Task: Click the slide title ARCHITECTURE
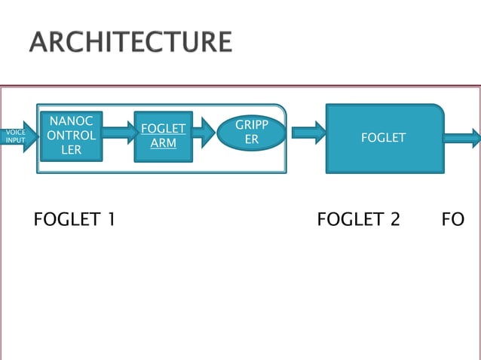tap(130, 41)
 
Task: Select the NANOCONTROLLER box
tap(72, 136)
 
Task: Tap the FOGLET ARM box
tap(164, 136)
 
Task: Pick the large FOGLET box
tap(384, 138)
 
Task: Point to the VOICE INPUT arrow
tap(17, 136)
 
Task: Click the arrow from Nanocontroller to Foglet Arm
tap(118, 133)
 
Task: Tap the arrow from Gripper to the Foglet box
tap(308, 133)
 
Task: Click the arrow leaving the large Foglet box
tap(462, 138)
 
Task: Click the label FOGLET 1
tap(75, 220)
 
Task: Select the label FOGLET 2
tap(358, 220)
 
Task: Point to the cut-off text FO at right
tap(453, 220)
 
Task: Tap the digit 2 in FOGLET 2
tap(394, 220)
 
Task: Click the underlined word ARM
tap(164, 143)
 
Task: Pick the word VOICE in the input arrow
tap(15, 132)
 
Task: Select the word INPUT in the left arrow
tap(15, 141)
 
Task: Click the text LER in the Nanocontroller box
tap(72, 150)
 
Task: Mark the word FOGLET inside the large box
tap(384, 138)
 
